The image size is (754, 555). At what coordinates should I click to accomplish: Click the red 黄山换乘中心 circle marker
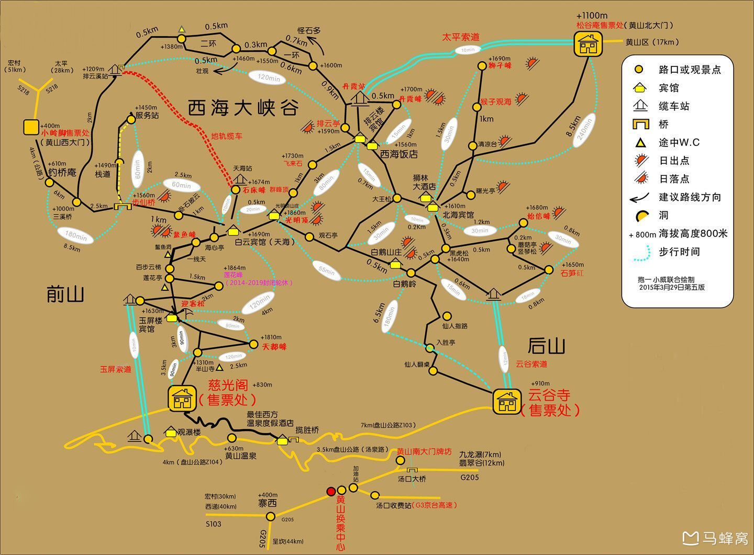[x=331, y=491]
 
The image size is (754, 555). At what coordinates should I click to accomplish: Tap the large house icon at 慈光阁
[x=182, y=399]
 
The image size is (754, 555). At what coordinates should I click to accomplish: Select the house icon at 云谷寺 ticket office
[x=506, y=402]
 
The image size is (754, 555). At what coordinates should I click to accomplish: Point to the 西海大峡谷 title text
[x=243, y=108]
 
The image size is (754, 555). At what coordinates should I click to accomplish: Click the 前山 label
[x=65, y=295]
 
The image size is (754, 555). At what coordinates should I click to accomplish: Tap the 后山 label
[x=546, y=346]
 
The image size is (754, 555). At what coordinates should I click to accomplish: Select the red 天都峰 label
[x=275, y=347]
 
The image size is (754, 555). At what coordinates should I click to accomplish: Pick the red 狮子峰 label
[x=500, y=66]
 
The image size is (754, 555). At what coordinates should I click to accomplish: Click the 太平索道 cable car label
[x=461, y=37]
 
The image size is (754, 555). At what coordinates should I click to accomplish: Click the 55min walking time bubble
[x=326, y=270]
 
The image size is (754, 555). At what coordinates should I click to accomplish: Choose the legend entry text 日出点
[x=674, y=161]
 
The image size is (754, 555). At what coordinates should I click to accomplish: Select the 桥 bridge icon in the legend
[x=641, y=124]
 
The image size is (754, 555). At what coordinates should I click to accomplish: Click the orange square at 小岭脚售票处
[x=31, y=127]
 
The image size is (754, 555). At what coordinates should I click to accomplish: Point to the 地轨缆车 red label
[x=227, y=137]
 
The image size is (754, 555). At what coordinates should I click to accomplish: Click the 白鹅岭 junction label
[x=405, y=285]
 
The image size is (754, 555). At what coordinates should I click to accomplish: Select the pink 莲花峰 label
[x=234, y=275]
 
